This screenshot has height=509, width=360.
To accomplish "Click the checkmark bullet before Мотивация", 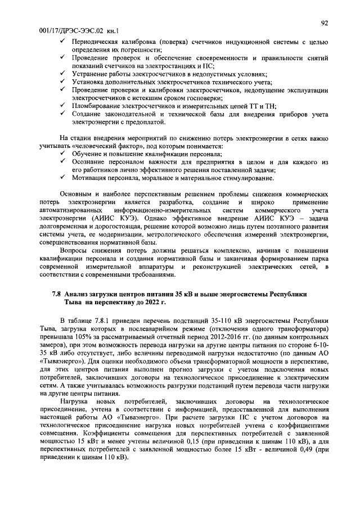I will (62, 178).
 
